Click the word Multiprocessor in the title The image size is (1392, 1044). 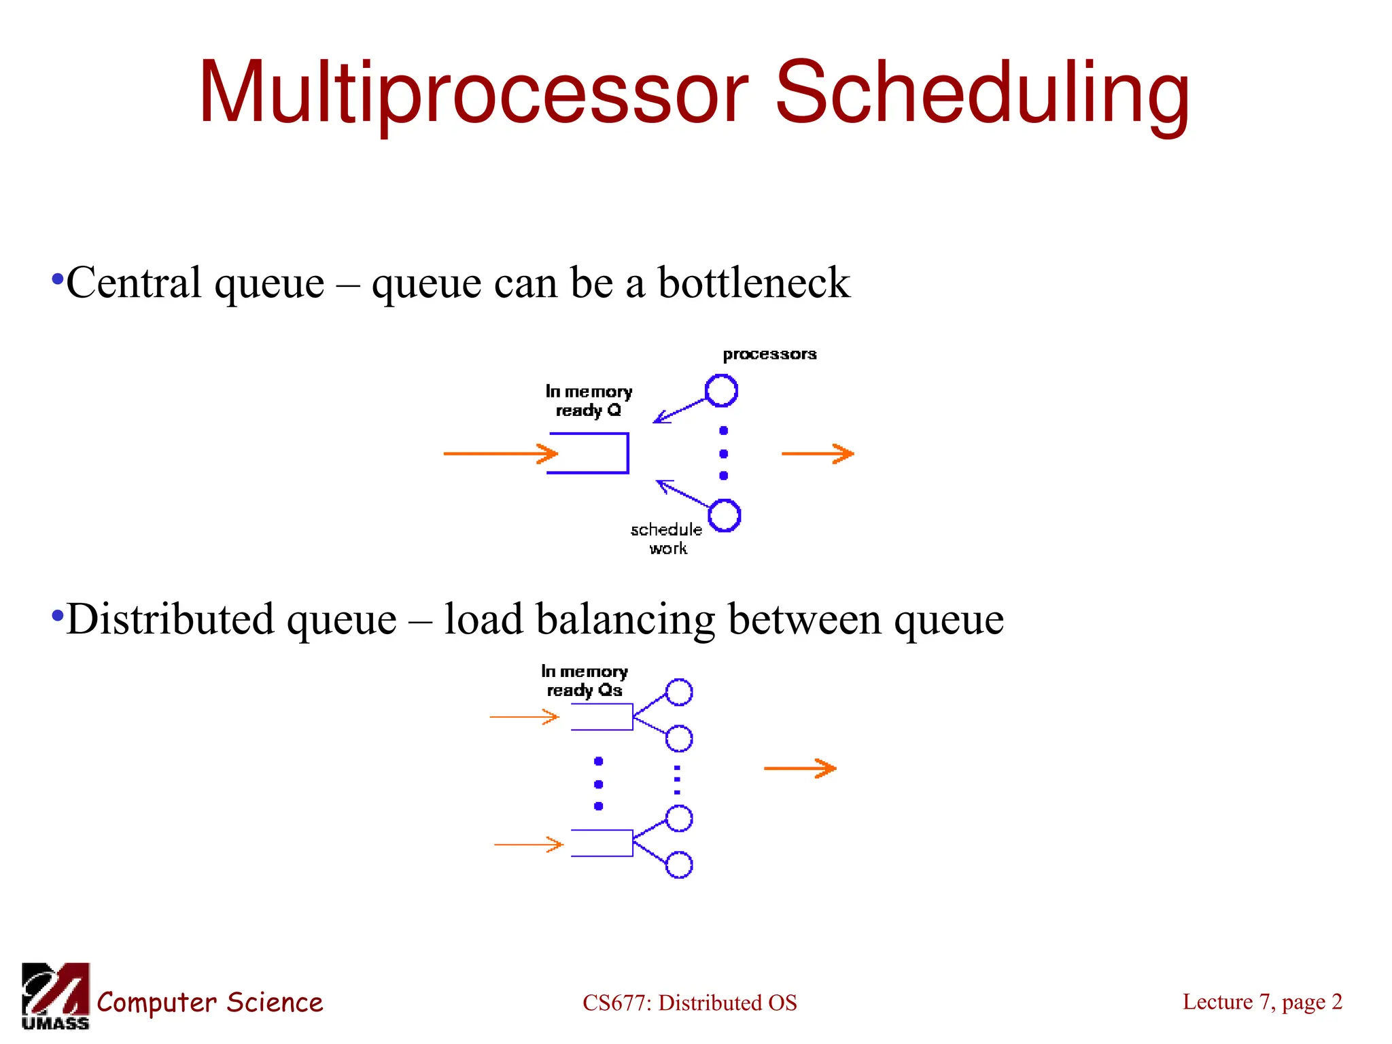(x=472, y=93)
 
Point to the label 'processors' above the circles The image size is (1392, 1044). (x=769, y=354)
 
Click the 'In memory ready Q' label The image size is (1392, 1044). (x=589, y=401)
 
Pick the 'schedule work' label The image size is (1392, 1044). (x=666, y=538)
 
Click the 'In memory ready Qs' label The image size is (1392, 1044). (x=585, y=681)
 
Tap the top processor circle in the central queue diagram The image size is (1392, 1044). (x=721, y=391)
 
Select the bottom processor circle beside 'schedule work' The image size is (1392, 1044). (x=725, y=516)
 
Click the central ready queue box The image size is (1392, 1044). (x=589, y=453)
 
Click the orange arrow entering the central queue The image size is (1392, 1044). (x=500, y=453)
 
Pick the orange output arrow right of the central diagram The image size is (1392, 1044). (x=817, y=453)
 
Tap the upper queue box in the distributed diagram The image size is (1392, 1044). (x=602, y=717)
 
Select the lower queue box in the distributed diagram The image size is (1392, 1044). (x=602, y=843)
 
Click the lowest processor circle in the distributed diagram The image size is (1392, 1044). (x=679, y=865)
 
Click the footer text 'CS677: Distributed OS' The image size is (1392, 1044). (x=689, y=1003)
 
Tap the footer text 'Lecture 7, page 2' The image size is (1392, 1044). (x=1262, y=1002)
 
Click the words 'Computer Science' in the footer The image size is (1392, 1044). (x=209, y=1003)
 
